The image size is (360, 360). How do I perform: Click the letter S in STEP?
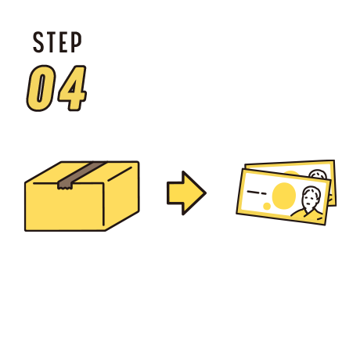(x=38, y=42)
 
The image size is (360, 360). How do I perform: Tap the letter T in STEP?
(x=51, y=42)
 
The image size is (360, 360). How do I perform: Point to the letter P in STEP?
(x=76, y=42)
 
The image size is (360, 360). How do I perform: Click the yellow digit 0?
(x=41, y=88)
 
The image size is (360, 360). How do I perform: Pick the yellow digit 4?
(x=73, y=88)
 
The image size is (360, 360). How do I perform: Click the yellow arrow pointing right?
(x=186, y=193)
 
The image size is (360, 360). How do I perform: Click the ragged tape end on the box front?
(x=65, y=185)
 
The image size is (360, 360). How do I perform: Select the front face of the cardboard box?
(x=65, y=207)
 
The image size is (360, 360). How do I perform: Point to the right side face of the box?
(x=122, y=196)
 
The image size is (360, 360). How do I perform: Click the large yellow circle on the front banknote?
(x=284, y=196)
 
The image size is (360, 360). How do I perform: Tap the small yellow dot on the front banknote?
(x=267, y=206)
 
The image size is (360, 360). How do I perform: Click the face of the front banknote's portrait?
(x=309, y=200)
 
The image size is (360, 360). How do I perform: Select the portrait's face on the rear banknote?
(x=319, y=175)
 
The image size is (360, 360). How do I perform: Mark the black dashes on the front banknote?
(x=257, y=193)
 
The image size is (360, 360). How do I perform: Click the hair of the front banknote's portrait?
(x=312, y=192)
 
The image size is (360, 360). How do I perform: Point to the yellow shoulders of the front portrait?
(x=308, y=214)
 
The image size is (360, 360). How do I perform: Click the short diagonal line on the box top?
(x=120, y=174)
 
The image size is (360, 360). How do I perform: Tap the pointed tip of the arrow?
(x=206, y=193)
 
